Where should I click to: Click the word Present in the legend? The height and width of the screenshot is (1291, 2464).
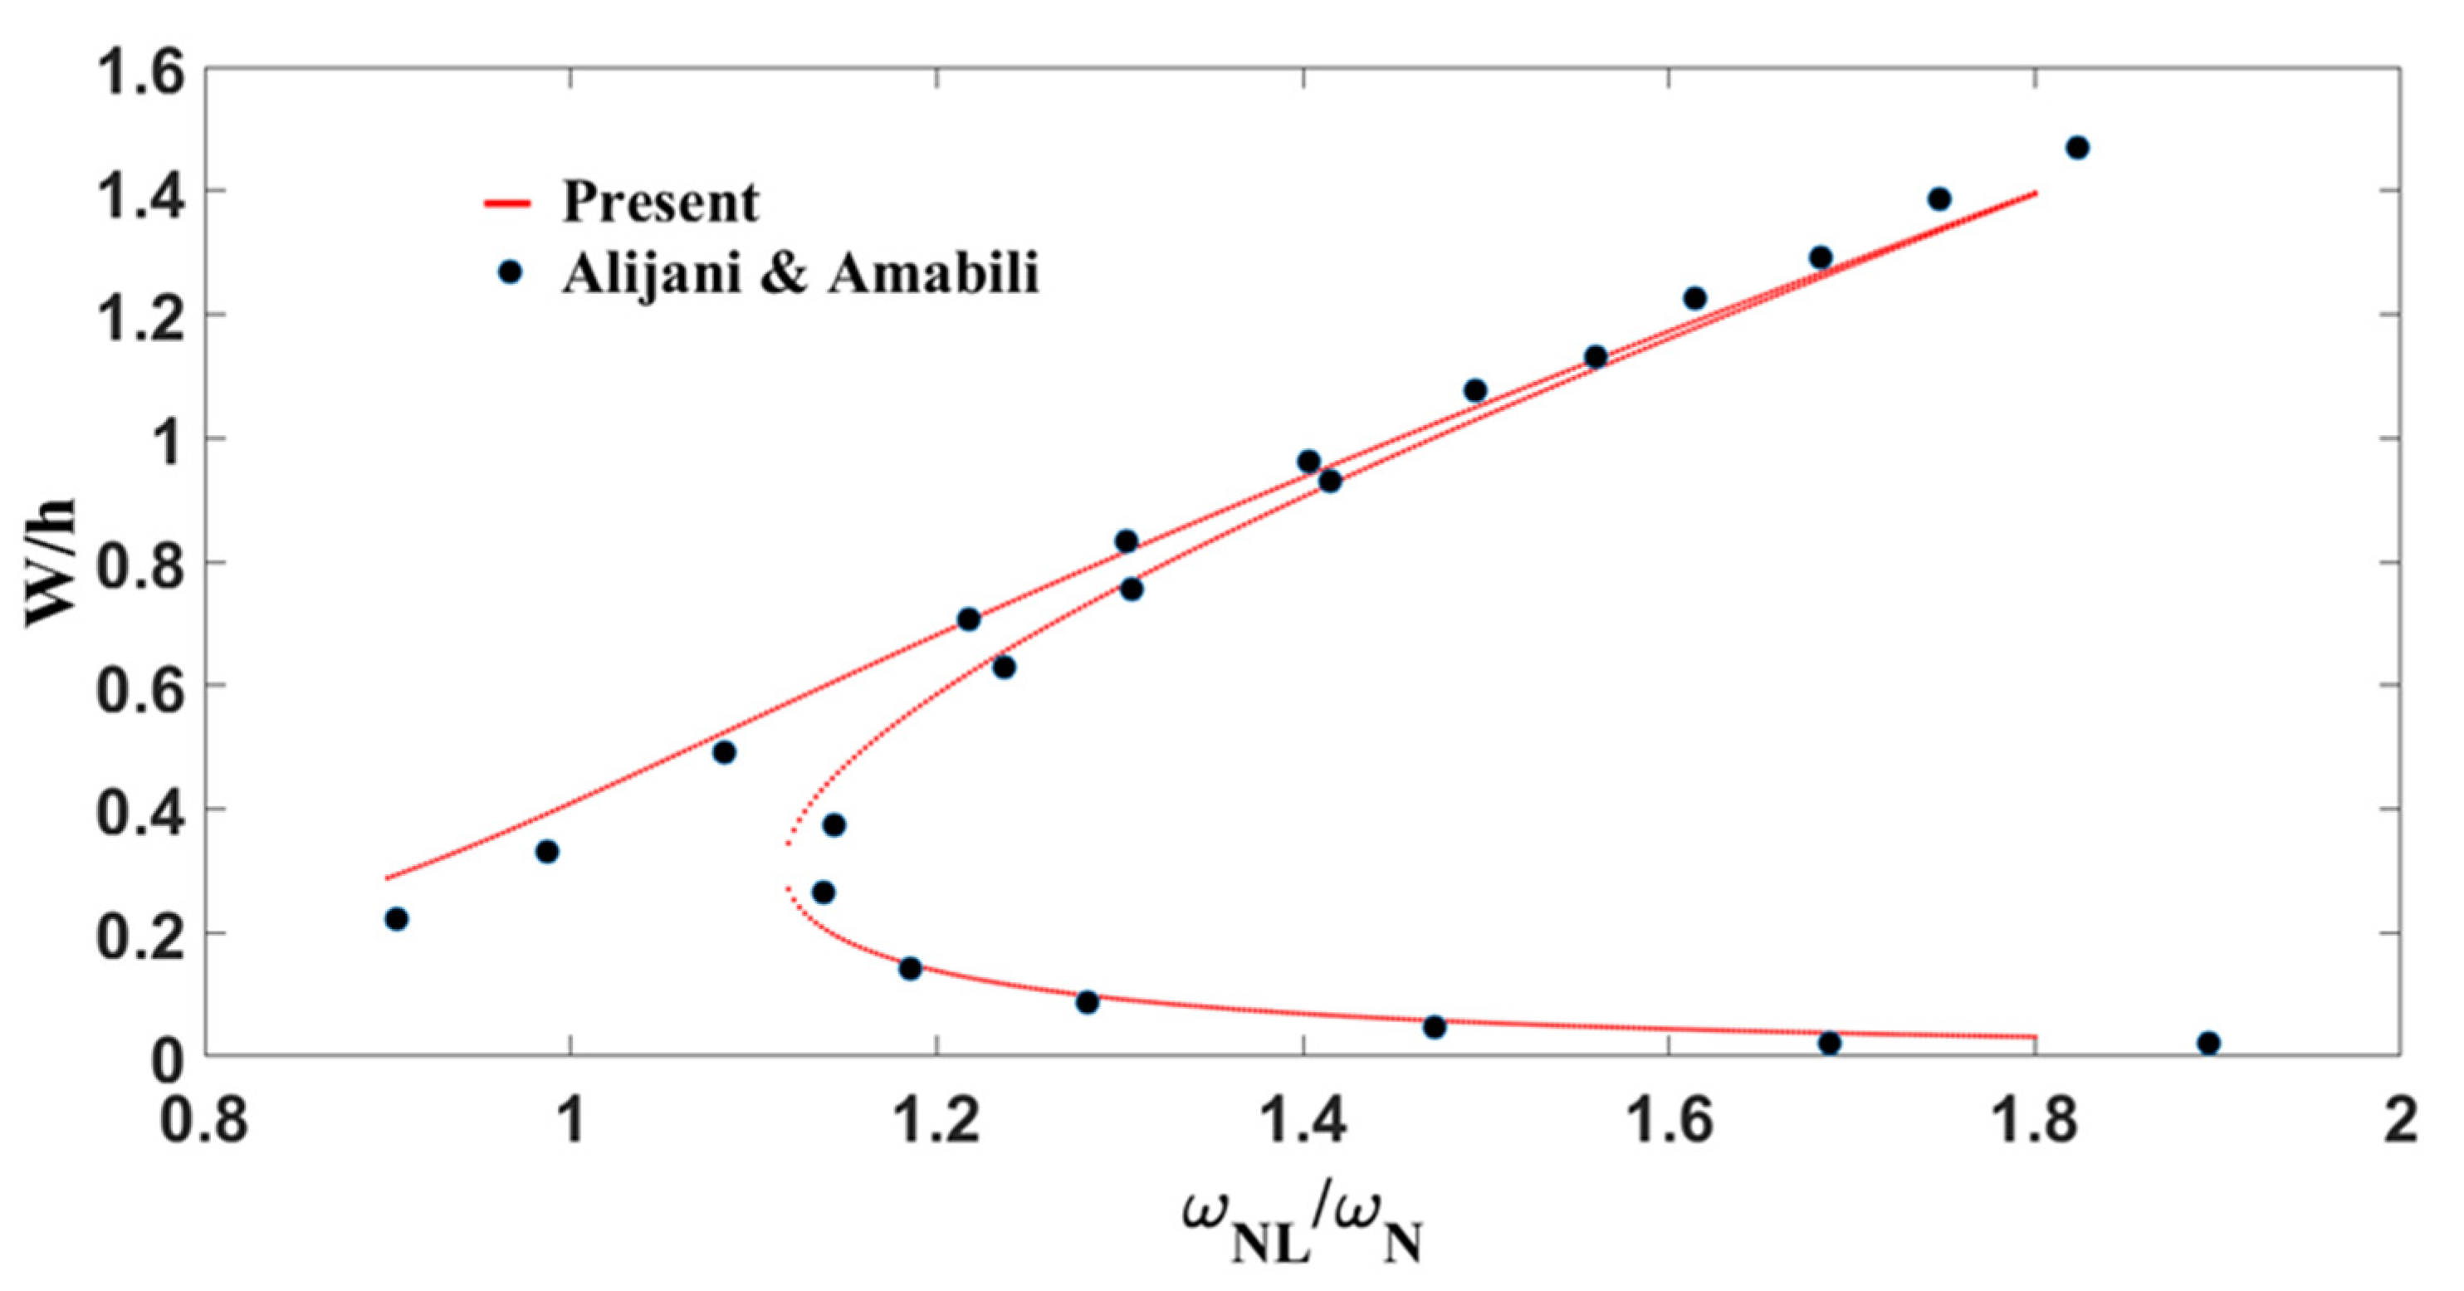coord(660,202)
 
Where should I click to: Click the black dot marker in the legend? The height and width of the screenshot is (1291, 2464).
coord(511,272)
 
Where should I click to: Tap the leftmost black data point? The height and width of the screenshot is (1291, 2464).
coord(396,919)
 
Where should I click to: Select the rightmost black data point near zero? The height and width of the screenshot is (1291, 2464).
coord(2208,1044)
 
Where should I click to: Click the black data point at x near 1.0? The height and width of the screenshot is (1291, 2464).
coord(547,851)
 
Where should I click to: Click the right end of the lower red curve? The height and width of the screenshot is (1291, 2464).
coord(2035,1037)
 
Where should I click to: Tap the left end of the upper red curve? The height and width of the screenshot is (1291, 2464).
coord(388,877)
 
